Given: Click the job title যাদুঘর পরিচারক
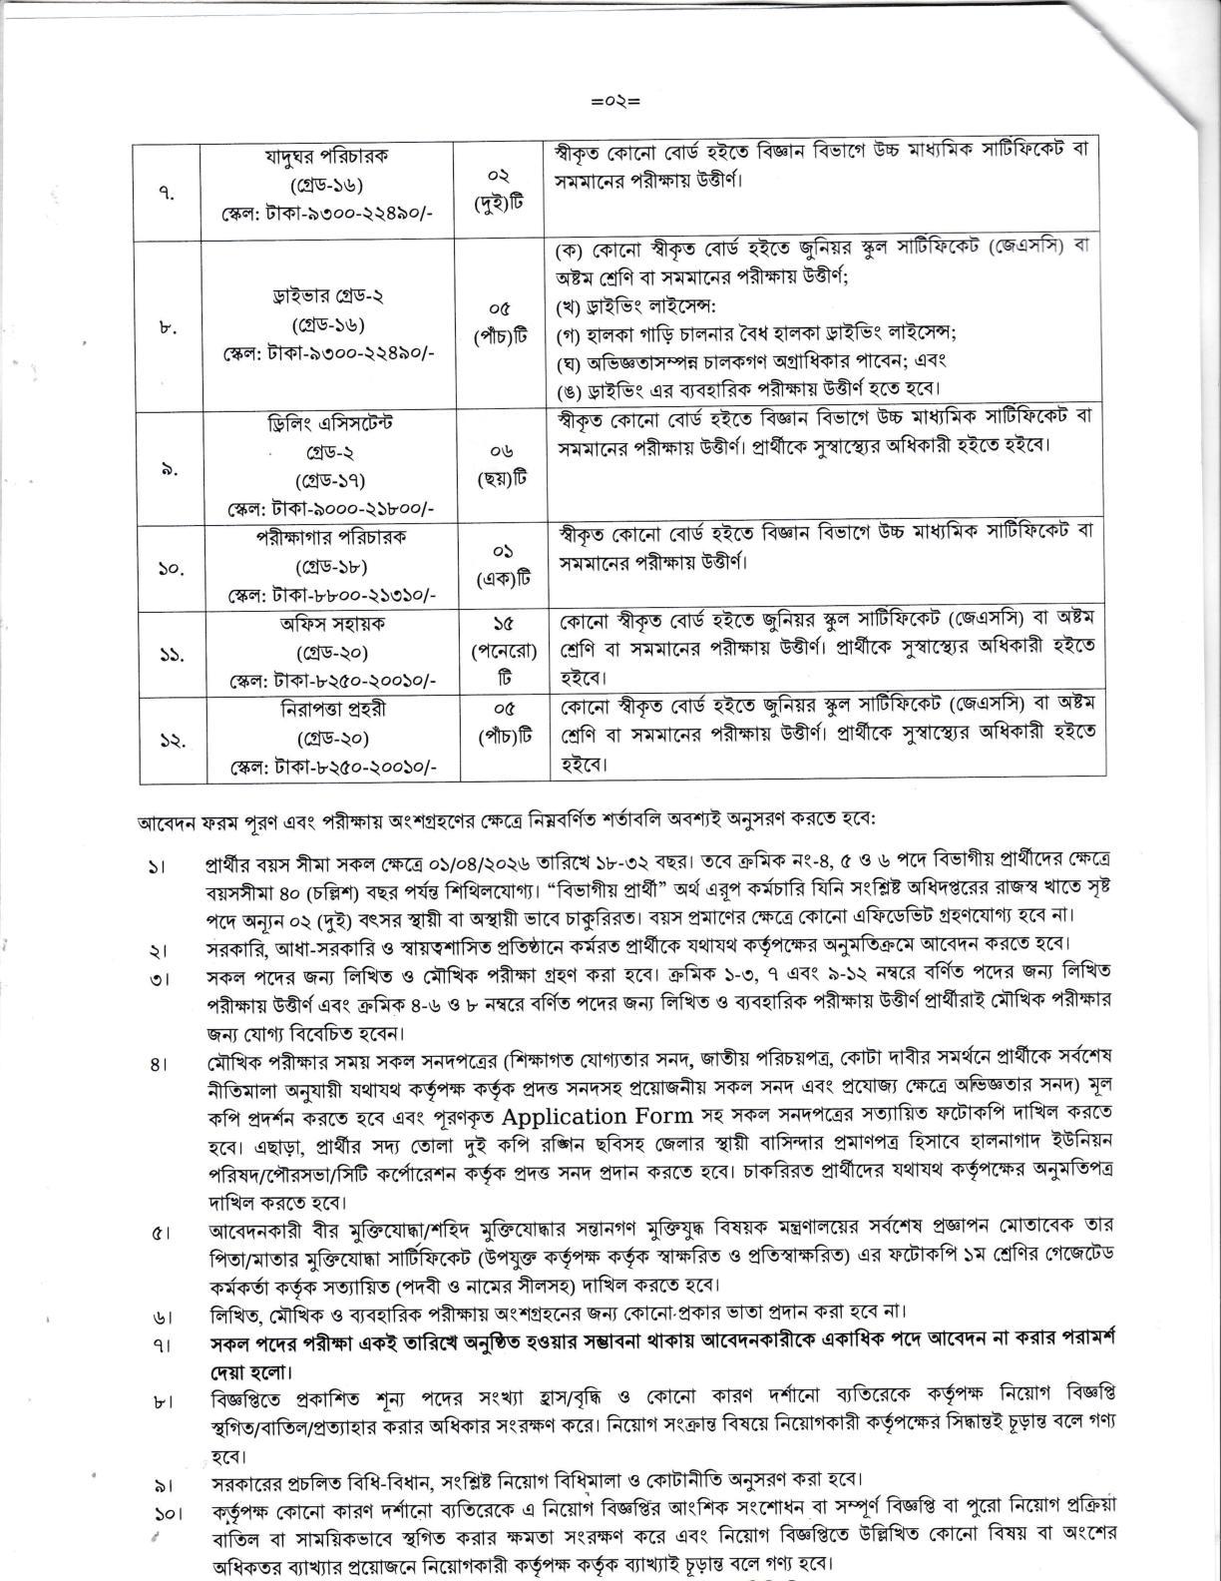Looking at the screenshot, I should pyautogui.click(x=326, y=156).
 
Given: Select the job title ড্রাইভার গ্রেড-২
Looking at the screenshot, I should pyautogui.click(x=327, y=296).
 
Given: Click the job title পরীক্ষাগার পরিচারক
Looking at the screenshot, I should pyautogui.click(x=326, y=537).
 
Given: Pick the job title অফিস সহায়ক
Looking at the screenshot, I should pyautogui.click(x=326, y=624).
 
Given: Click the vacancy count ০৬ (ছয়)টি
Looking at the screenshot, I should pyautogui.click(x=502, y=465).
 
